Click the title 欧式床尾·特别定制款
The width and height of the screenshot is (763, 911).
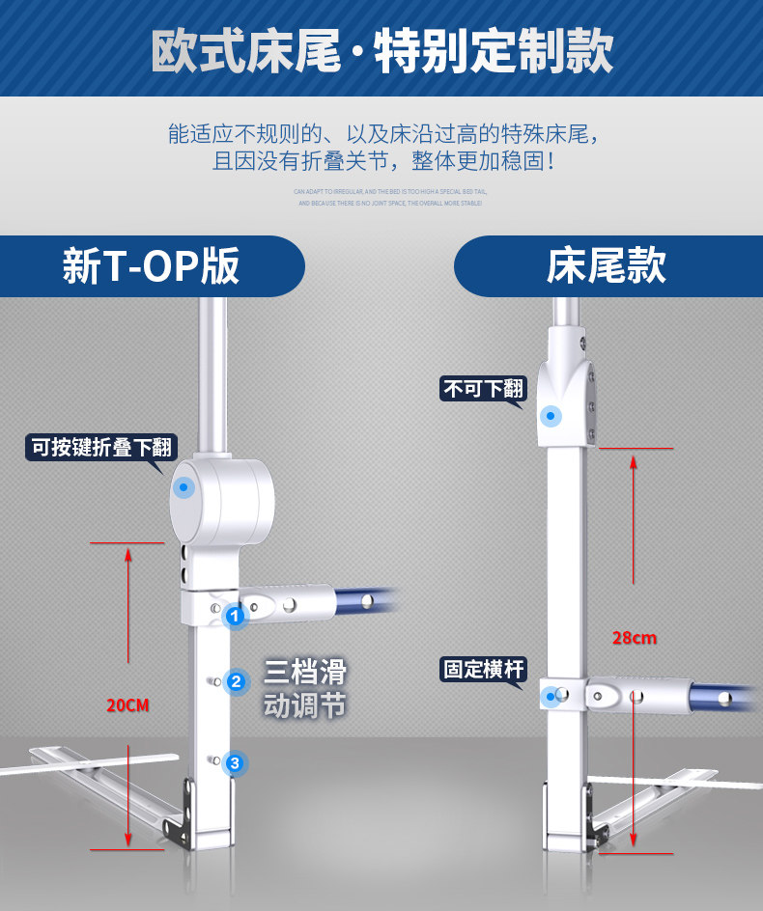[381, 50]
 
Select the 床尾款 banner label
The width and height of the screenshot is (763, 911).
[607, 266]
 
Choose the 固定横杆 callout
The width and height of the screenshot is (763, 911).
[484, 669]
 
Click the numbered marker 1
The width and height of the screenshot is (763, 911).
[234, 615]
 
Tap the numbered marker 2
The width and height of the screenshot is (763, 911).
[235, 681]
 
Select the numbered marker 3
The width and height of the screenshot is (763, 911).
[235, 763]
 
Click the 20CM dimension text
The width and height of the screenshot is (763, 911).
[127, 705]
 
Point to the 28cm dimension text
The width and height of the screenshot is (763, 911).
[635, 638]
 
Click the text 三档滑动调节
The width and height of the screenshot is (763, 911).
[304, 689]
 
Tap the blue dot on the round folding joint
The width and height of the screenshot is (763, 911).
[184, 488]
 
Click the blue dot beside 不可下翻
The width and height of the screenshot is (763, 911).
[551, 416]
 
